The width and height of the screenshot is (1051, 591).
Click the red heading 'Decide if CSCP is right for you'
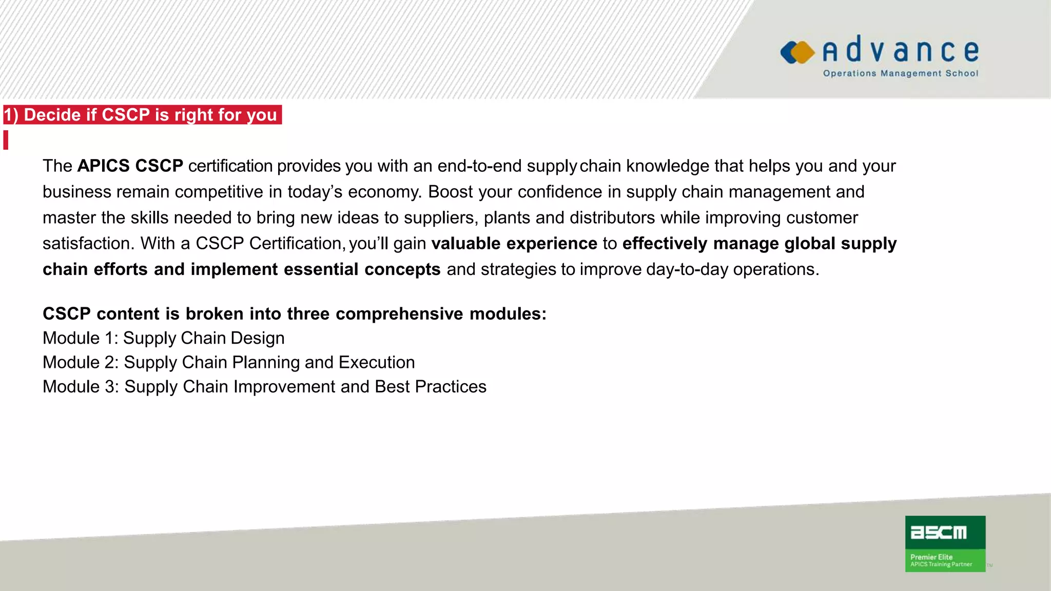(142, 115)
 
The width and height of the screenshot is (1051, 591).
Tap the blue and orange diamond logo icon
(797, 52)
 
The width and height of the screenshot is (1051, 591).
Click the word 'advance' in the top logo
(901, 50)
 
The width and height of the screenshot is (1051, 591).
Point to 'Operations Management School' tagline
(901, 73)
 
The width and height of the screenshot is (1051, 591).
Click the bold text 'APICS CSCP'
(130, 166)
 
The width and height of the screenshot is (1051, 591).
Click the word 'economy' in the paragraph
(384, 192)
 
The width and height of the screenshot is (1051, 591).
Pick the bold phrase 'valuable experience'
(514, 243)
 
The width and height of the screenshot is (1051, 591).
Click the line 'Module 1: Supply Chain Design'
(163, 338)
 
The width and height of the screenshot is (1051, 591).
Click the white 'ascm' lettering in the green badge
(938, 533)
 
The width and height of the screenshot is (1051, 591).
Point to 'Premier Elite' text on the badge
(931, 557)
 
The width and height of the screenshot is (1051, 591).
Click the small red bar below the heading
(6, 140)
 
